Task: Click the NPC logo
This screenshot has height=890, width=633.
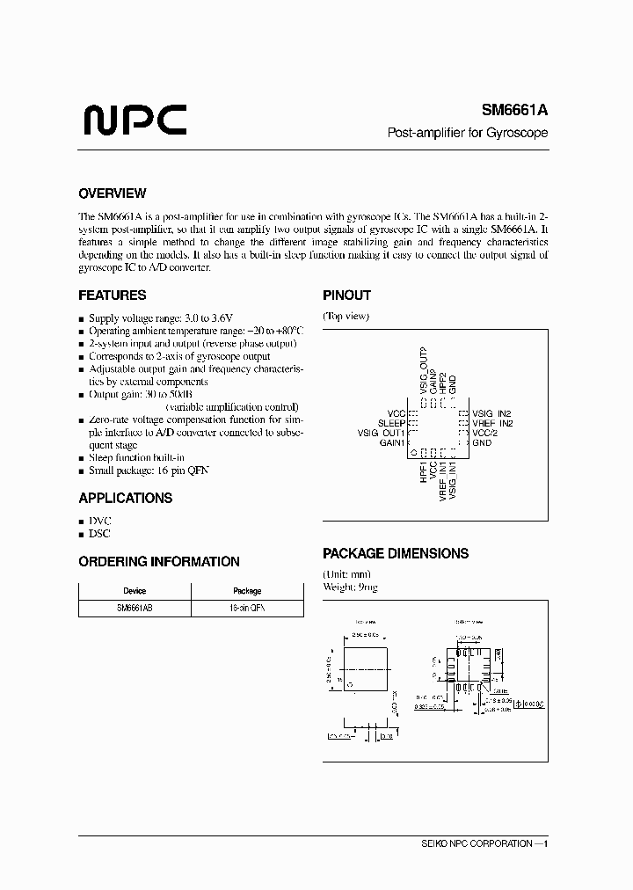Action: (x=134, y=120)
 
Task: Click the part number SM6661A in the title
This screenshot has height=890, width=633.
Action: (x=514, y=111)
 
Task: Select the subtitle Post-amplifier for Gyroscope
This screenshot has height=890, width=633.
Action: (x=469, y=133)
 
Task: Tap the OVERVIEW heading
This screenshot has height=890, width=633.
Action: (x=112, y=193)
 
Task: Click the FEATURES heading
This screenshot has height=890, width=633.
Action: (x=112, y=295)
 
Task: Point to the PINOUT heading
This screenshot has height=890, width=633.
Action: (x=346, y=295)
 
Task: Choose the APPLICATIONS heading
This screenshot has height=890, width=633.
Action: (x=125, y=498)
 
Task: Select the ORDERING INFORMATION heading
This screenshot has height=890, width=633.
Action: (x=158, y=561)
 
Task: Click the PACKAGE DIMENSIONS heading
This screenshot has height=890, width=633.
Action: (x=395, y=554)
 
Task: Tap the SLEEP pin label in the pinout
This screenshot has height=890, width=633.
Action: (x=391, y=423)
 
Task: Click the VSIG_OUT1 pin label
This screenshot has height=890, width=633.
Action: (x=381, y=433)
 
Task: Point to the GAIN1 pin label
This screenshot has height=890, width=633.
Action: (x=391, y=443)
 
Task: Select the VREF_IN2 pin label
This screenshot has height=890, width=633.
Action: (x=492, y=423)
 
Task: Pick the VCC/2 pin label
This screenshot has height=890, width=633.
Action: (x=485, y=433)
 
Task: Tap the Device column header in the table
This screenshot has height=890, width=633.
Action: (x=135, y=591)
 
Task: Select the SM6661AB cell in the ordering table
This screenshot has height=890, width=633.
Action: (x=135, y=608)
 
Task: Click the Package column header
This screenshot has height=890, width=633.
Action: (x=247, y=591)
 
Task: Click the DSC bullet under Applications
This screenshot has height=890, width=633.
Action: (x=99, y=534)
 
